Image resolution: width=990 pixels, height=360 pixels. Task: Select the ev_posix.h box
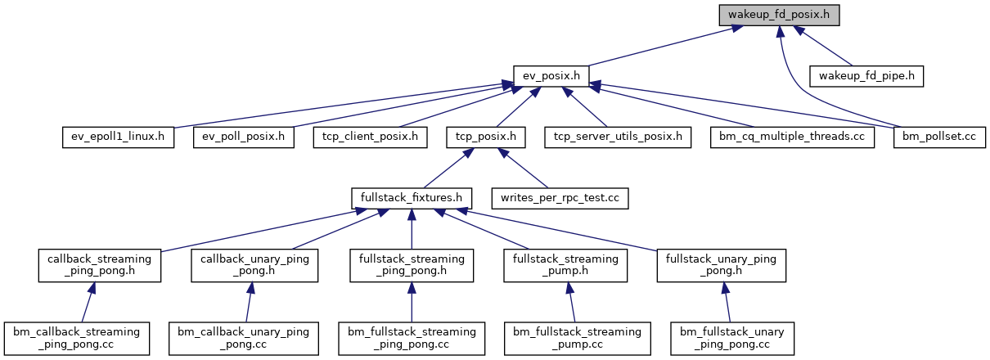[551, 76]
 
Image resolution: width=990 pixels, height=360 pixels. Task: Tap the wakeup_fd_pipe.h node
[866, 76]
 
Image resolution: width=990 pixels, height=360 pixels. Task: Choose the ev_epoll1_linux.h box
[118, 136]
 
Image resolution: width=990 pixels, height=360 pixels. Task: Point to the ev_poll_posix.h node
[243, 136]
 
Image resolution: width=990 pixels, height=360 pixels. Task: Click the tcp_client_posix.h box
[370, 136]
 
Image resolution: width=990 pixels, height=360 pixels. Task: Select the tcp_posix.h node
[485, 136]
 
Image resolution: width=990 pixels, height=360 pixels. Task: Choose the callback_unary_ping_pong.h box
[254, 264]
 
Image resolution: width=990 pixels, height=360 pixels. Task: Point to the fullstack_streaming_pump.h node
[565, 264]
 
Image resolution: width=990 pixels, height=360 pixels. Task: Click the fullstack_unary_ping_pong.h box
[722, 264]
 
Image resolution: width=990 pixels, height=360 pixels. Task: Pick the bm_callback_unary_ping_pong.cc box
[243, 337]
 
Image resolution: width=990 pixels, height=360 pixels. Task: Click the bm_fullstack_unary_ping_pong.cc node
[733, 337]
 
